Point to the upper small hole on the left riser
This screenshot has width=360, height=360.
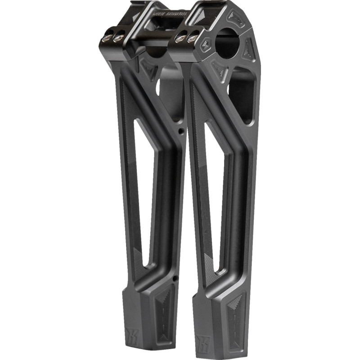[180, 132]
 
